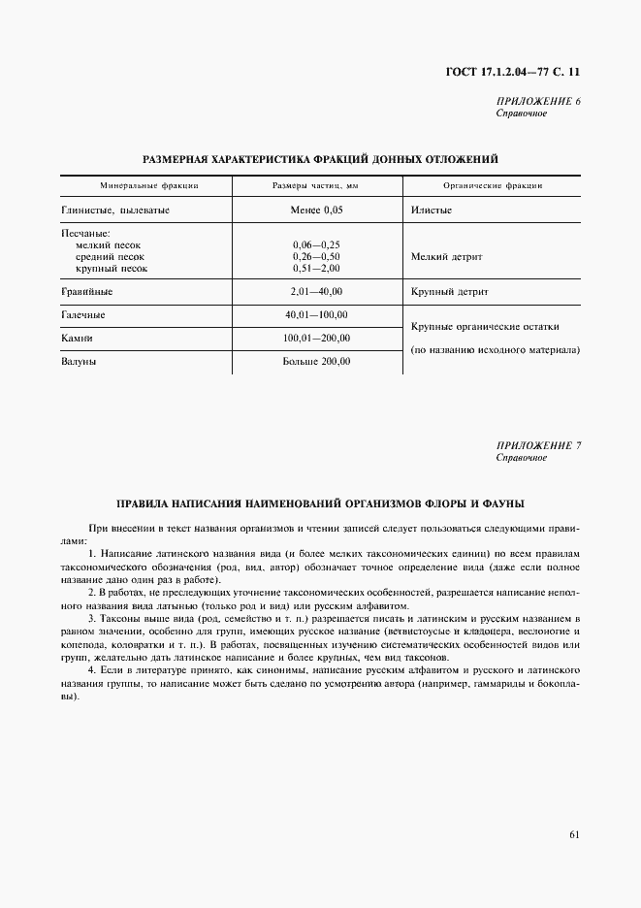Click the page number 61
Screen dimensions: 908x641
[574, 833]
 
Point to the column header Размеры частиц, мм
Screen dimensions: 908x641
[316, 185]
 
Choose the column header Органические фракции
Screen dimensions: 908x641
[492, 185]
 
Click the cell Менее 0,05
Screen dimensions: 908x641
[316, 210]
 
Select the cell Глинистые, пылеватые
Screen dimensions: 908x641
[115, 210]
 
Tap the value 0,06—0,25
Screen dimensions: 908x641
[316, 245]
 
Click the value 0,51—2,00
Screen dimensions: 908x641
[316, 268]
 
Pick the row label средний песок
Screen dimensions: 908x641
[112, 257]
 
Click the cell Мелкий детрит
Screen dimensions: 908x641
[446, 257]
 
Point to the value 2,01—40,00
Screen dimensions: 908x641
[316, 291]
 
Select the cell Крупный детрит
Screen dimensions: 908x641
[449, 291]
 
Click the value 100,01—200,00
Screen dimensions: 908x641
[316, 338]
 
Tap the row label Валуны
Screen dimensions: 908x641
[80, 361]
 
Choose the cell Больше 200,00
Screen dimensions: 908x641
[316, 361]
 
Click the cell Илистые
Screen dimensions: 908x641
[432, 210]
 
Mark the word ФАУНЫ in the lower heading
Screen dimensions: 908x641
[497, 504]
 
